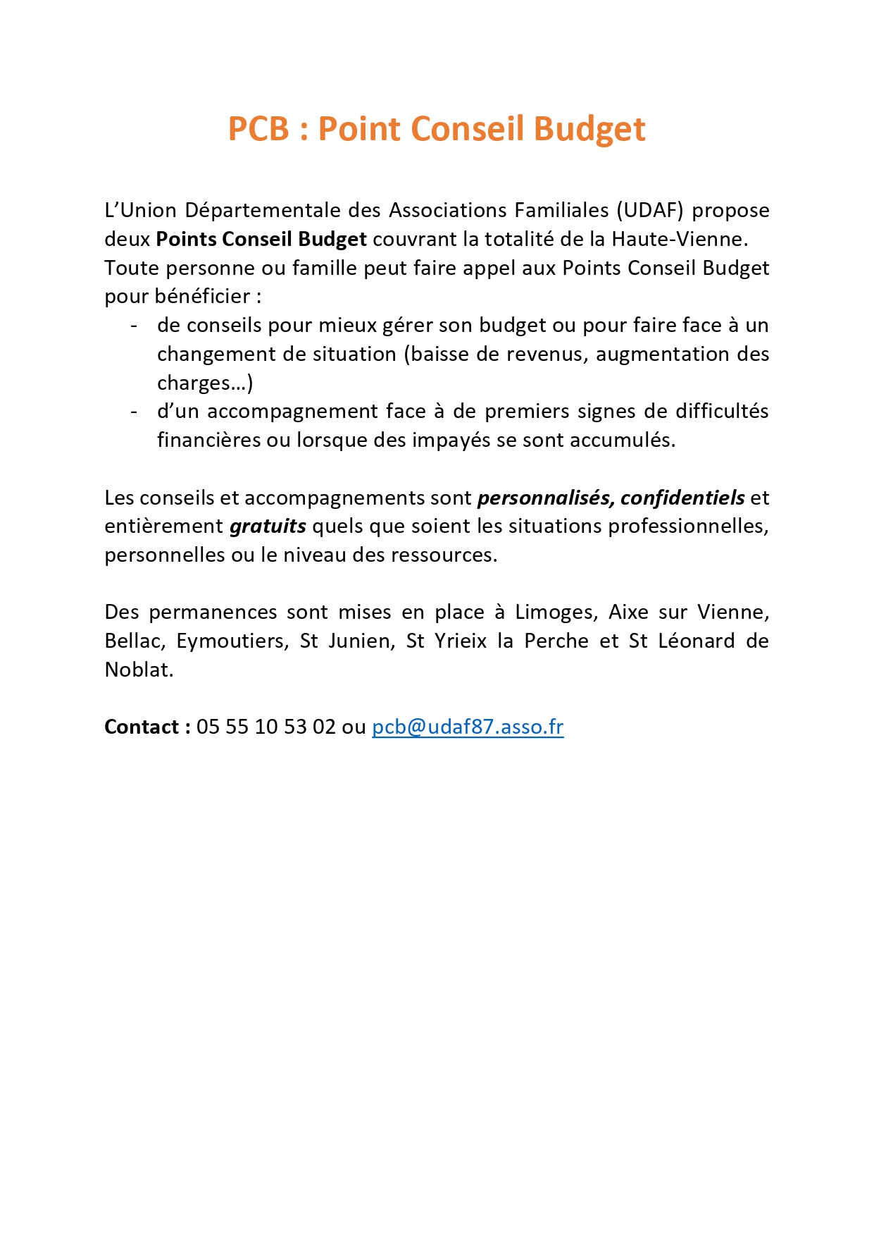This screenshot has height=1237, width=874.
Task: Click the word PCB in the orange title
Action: [258, 129]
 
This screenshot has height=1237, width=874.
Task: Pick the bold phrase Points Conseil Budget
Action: [261, 239]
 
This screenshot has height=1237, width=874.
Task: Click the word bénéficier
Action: [202, 296]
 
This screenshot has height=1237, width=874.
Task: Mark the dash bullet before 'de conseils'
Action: [134, 326]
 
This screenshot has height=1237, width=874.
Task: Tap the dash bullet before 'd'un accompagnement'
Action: [134, 412]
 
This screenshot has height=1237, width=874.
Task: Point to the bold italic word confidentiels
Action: [682, 498]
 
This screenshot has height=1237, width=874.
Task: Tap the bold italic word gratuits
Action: [268, 527]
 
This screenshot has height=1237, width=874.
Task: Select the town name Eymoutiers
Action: [232, 641]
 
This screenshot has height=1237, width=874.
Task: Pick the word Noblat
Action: [139, 670]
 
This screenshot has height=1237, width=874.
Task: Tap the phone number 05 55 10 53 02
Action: [266, 727]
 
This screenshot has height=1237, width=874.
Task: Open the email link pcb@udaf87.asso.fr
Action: [468, 727]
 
